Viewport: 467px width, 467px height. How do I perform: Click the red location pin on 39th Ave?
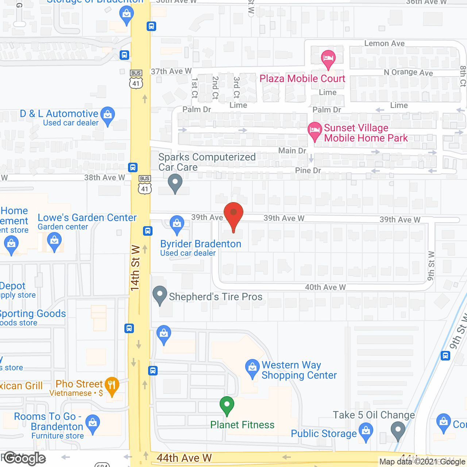(233, 215)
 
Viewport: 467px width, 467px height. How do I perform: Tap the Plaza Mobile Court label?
(302, 78)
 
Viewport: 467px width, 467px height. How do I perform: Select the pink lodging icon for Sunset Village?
(314, 131)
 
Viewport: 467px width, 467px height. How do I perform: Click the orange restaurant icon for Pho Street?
(112, 385)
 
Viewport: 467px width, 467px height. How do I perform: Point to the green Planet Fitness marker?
(227, 405)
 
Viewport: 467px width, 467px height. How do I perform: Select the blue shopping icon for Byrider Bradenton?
(177, 224)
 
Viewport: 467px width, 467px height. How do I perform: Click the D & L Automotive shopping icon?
(108, 115)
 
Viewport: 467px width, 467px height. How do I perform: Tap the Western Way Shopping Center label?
(299, 370)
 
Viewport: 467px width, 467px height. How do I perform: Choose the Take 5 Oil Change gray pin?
(398, 430)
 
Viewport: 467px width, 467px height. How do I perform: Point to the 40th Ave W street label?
(325, 287)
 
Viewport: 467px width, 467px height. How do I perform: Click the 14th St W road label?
(135, 268)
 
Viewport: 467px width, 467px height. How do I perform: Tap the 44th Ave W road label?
(184, 458)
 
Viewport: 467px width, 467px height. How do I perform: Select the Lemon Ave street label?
(384, 43)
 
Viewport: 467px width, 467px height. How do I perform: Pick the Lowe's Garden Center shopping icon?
(54, 242)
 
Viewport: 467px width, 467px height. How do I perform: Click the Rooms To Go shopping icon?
(93, 424)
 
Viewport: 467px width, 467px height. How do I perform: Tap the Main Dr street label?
(292, 151)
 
